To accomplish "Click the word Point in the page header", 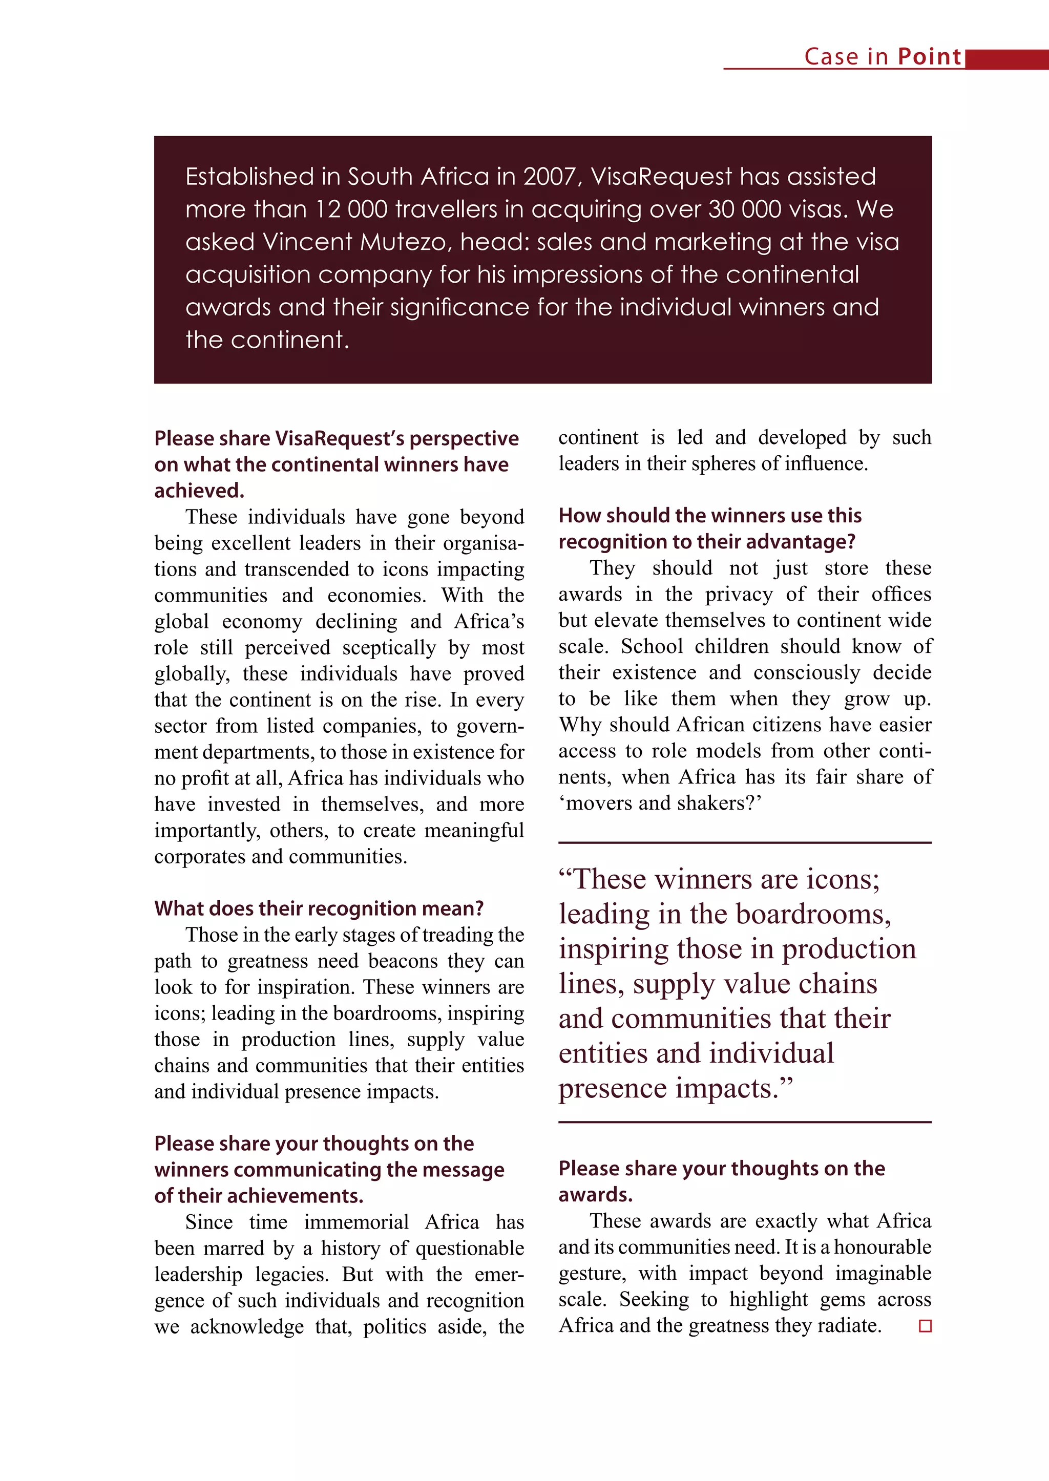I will (x=929, y=57).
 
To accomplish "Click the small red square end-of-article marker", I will (x=925, y=1326).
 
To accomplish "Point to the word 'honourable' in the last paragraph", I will (x=883, y=1247).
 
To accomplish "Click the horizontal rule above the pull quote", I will (x=744, y=843).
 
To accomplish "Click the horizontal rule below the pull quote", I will (x=744, y=1123).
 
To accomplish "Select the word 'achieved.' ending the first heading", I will (x=199, y=491).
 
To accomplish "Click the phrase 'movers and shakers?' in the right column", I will (x=660, y=803).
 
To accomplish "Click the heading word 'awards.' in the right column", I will (x=595, y=1195).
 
